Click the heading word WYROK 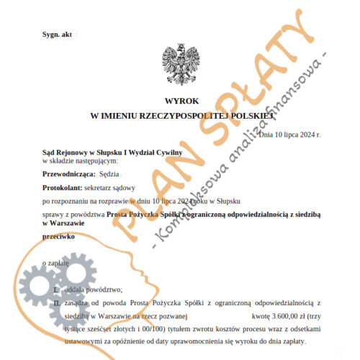pos(180,102)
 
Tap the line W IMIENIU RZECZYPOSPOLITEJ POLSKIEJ pos(180,115)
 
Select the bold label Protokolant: pos(62,186)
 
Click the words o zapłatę pos(56,264)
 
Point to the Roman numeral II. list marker pos(58,304)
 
